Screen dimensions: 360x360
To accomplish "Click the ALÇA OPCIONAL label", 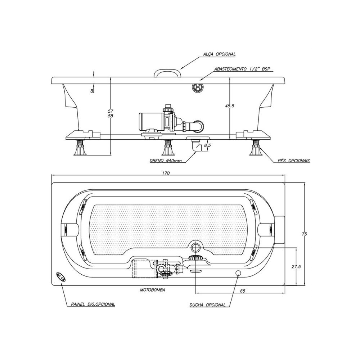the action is tap(219, 54).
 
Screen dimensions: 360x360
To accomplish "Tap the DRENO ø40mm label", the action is tap(166, 161).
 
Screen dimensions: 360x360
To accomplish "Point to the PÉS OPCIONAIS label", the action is tap(294, 161).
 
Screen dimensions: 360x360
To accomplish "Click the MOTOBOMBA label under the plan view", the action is tap(152, 290).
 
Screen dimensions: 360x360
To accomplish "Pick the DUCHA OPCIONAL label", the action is tap(208, 305).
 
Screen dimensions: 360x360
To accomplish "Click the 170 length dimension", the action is tap(166, 173).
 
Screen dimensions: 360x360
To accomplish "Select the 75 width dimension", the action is tap(305, 234).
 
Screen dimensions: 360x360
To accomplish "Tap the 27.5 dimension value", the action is tap(296, 266).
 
